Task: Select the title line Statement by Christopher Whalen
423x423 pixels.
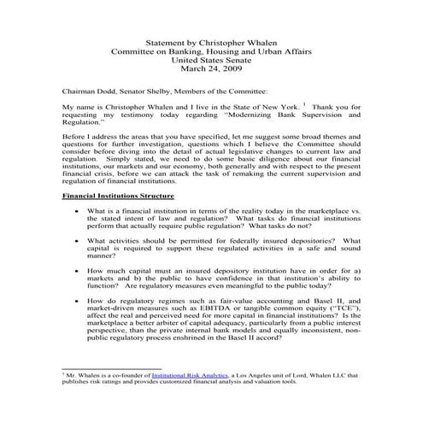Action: pos(211,40)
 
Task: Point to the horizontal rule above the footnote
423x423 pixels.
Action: pos(111,368)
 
